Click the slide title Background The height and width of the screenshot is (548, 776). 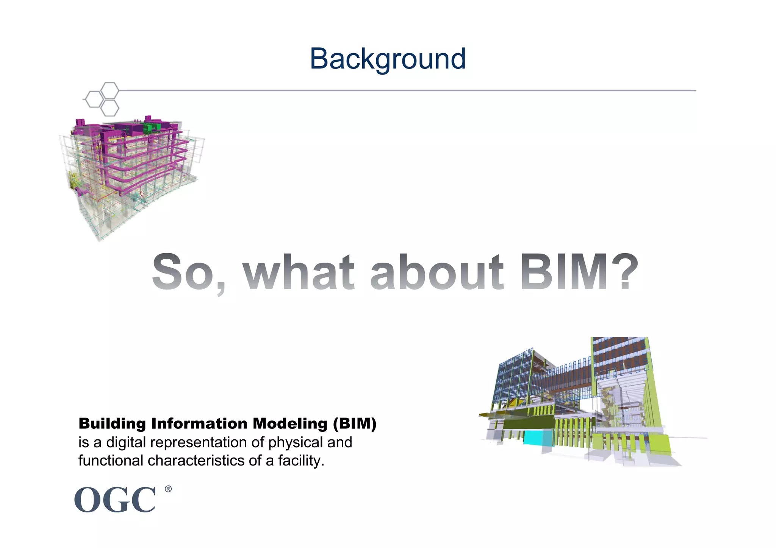point(388,59)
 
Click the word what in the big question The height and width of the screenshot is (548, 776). point(299,272)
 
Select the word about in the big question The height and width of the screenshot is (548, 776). point(437,272)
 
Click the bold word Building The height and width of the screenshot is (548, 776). point(112,423)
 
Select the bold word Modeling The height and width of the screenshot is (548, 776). point(290,423)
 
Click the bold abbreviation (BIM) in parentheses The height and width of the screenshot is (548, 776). point(355,423)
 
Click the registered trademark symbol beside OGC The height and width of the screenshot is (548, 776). point(168,489)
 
